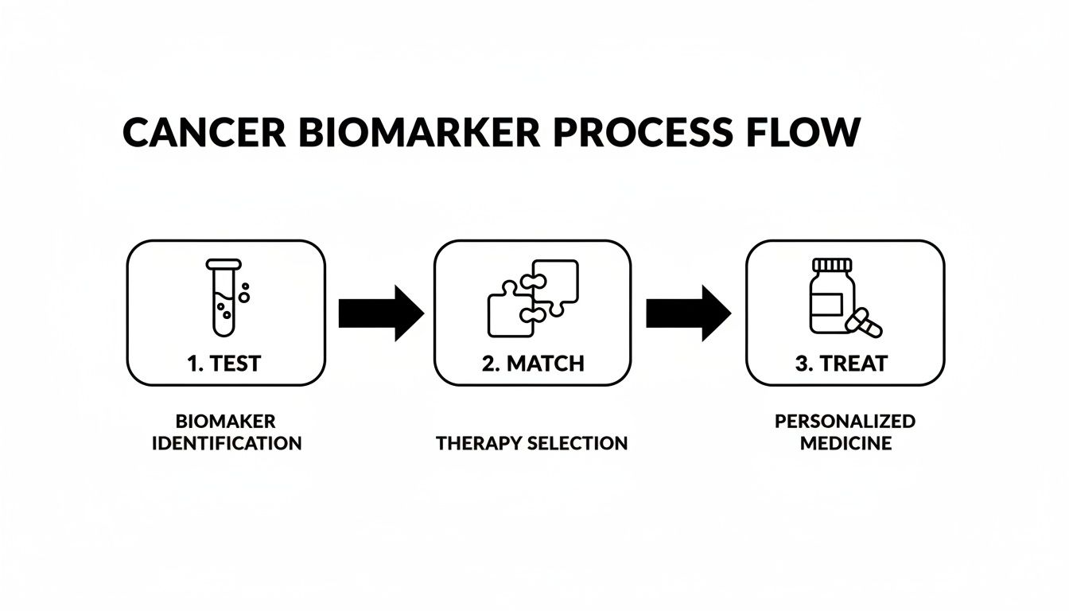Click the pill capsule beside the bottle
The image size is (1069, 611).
pos(865,323)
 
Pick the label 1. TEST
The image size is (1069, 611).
pos(224,364)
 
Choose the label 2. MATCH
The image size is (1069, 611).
pos(532,364)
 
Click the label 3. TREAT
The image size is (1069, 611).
pos(841,364)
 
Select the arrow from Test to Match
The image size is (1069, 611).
pos(380,313)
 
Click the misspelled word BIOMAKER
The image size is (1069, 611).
pos(226,421)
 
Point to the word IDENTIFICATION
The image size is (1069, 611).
pos(226,443)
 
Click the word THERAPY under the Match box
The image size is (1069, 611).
pos(482,443)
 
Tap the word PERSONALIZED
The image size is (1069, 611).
pos(845,421)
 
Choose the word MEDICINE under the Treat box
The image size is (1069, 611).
pos(845,443)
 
